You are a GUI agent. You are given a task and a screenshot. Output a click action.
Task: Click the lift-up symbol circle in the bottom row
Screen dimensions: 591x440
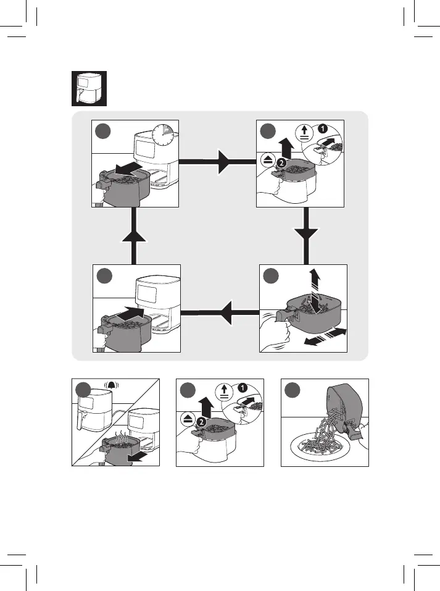pyautogui.click(x=224, y=390)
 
